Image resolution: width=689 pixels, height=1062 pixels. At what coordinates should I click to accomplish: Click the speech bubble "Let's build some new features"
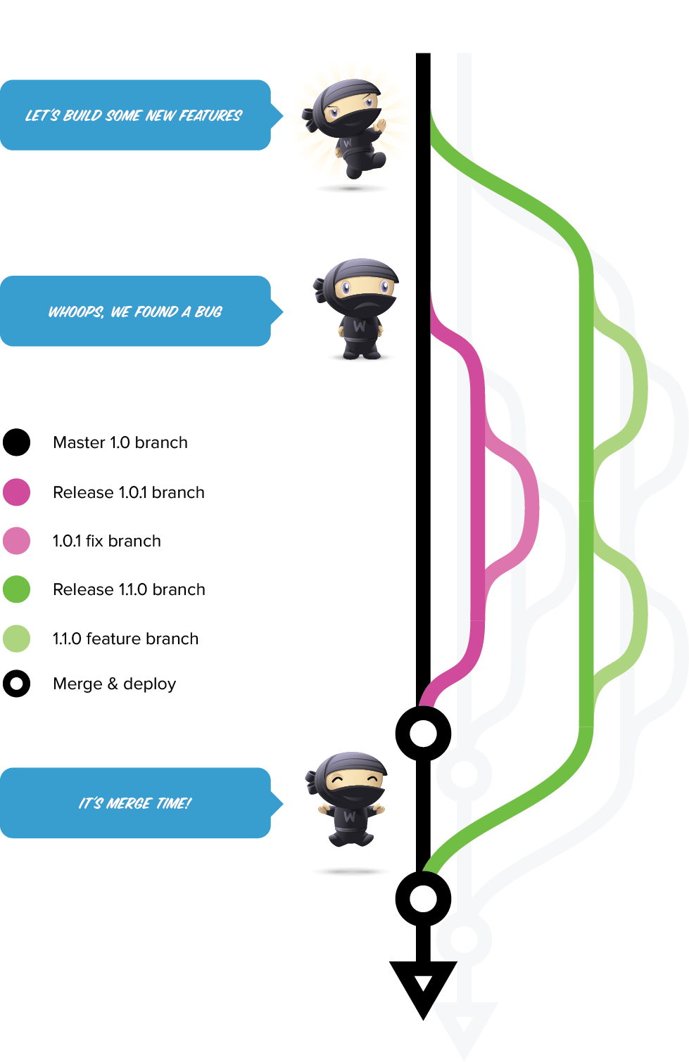pos(134,115)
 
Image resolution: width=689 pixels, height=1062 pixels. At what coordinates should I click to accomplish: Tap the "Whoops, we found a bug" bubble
pos(134,312)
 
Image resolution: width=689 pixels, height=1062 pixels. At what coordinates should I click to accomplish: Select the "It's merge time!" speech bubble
pos(134,803)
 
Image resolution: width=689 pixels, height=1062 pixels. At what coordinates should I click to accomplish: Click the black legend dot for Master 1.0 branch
pos(17,442)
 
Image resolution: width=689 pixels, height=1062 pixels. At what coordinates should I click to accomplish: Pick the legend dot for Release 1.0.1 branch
pos(17,492)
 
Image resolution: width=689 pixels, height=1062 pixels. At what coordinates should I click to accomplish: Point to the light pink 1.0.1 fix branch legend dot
pos(17,541)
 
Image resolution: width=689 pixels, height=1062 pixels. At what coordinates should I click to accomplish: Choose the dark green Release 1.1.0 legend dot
pos(17,589)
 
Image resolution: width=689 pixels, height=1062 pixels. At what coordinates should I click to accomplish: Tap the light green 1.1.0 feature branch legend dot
pos(17,639)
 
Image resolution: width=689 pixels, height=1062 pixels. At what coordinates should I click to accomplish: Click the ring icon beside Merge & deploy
pos(17,684)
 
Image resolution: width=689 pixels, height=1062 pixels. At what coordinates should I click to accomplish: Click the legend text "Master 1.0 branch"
pos(120,442)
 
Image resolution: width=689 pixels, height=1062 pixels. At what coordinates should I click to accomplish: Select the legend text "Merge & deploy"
pos(114,684)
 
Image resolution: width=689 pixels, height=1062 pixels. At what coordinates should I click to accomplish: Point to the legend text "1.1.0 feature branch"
pos(125,639)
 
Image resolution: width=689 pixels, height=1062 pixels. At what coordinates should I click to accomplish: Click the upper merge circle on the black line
pos(423,734)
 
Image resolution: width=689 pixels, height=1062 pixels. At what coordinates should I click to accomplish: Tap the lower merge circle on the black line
pos(423,898)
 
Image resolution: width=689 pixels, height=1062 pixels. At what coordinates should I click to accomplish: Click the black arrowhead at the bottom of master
pos(423,985)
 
